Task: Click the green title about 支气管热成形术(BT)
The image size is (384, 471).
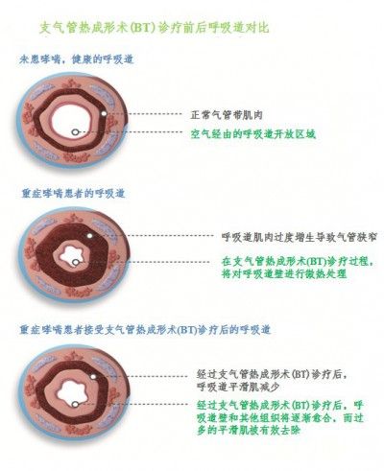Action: click(154, 28)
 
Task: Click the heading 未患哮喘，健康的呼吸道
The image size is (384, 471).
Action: click(76, 59)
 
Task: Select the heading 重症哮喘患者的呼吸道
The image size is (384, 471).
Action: click(73, 194)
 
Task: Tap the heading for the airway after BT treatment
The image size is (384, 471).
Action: click(145, 330)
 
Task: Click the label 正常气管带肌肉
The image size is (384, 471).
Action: click(227, 114)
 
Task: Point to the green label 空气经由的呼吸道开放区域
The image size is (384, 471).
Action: click(253, 133)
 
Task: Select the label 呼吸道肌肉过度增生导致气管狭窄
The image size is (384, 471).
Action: click(300, 237)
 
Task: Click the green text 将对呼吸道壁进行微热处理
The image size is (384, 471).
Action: click(284, 273)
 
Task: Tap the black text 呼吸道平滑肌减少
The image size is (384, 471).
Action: click(238, 387)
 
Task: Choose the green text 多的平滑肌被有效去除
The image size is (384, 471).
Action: click(249, 430)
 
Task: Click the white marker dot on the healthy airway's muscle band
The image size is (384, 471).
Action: click(104, 113)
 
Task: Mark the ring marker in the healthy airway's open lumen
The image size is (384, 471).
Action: click(75, 131)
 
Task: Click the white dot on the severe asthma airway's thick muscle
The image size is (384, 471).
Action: click(90, 236)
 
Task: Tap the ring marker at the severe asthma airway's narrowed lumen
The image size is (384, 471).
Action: click(76, 262)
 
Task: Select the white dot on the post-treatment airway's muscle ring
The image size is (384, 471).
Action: click(93, 377)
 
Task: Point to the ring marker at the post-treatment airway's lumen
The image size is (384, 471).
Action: click(75, 404)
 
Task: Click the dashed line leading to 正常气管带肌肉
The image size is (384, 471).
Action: click(145, 114)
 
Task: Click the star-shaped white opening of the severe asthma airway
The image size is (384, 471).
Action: click(70, 254)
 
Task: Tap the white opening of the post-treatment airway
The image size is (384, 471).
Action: click(73, 391)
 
